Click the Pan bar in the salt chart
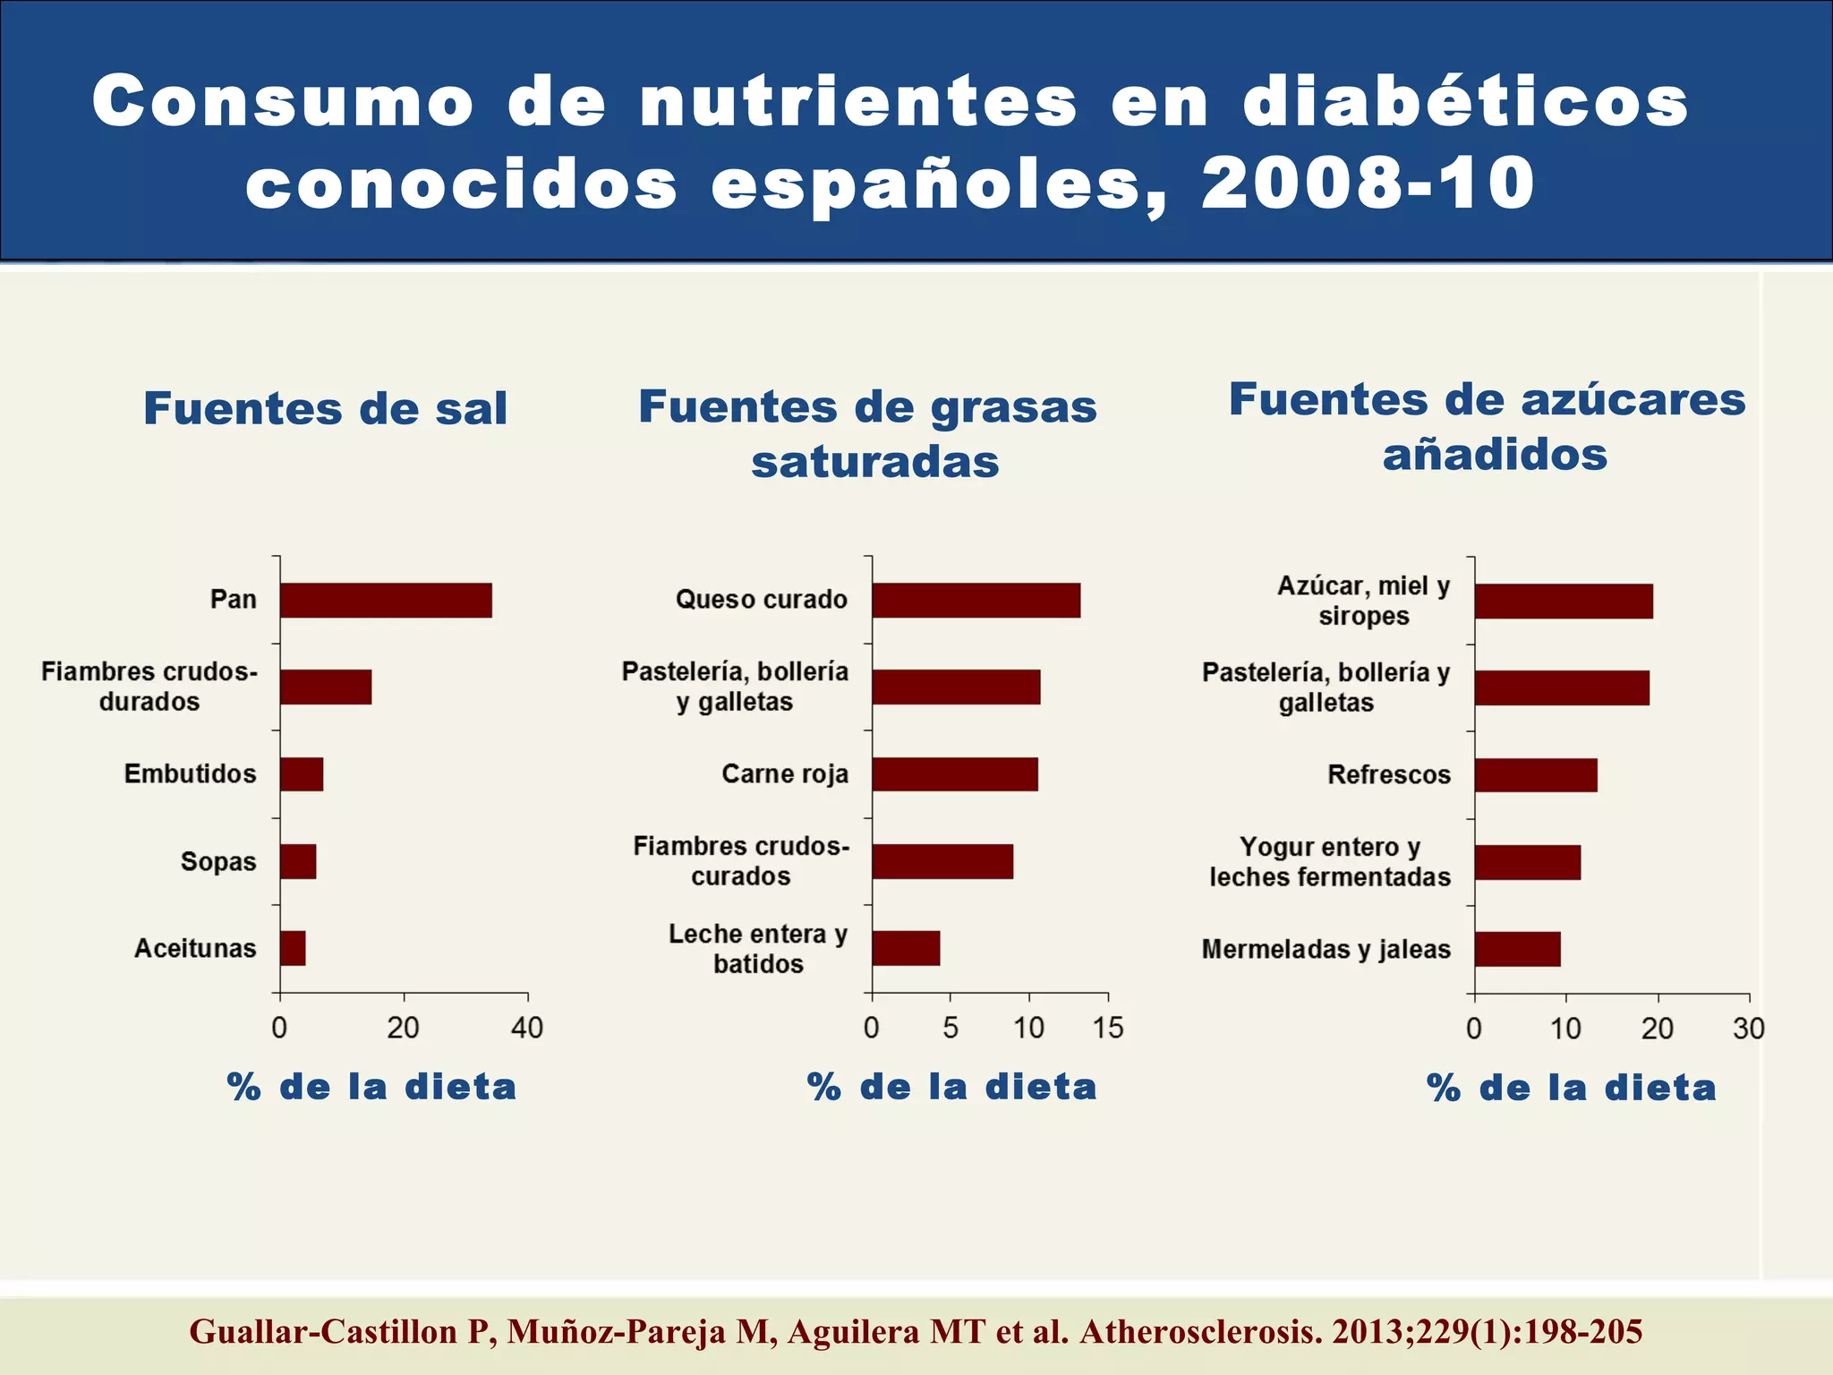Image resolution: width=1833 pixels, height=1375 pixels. coord(386,600)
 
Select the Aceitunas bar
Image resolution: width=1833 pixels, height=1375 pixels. coord(293,948)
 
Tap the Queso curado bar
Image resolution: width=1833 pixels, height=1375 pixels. coord(976,600)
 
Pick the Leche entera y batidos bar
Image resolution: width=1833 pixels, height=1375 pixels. coord(906,948)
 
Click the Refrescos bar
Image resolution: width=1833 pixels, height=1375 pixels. coord(1536,774)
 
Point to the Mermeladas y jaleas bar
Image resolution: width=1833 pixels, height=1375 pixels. coord(1517,949)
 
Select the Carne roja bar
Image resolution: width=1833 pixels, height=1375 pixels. coord(955,774)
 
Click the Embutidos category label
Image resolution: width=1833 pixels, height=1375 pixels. coord(190,773)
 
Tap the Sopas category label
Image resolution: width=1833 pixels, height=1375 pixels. coord(218,861)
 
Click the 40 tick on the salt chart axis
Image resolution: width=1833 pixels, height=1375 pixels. coord(527,1027)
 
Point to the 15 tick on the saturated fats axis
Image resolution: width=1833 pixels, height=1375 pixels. coord(1107,1027)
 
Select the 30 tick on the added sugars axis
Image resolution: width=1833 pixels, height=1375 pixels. coord(1748,1028)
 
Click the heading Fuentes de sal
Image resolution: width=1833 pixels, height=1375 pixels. coord(326,408)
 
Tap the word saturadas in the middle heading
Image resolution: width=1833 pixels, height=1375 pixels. coord(874,462)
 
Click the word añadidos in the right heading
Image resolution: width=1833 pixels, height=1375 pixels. coord(1495,454)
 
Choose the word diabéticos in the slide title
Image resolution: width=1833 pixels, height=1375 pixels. coord(1465,100)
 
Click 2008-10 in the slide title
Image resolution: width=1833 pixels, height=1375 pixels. coord(1368,183)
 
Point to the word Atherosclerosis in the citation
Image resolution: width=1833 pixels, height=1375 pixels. coord(1200,1332)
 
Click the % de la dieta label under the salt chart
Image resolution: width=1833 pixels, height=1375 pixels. coord(371,1087)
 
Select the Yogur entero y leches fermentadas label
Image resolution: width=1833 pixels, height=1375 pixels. coord(1329,861)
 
